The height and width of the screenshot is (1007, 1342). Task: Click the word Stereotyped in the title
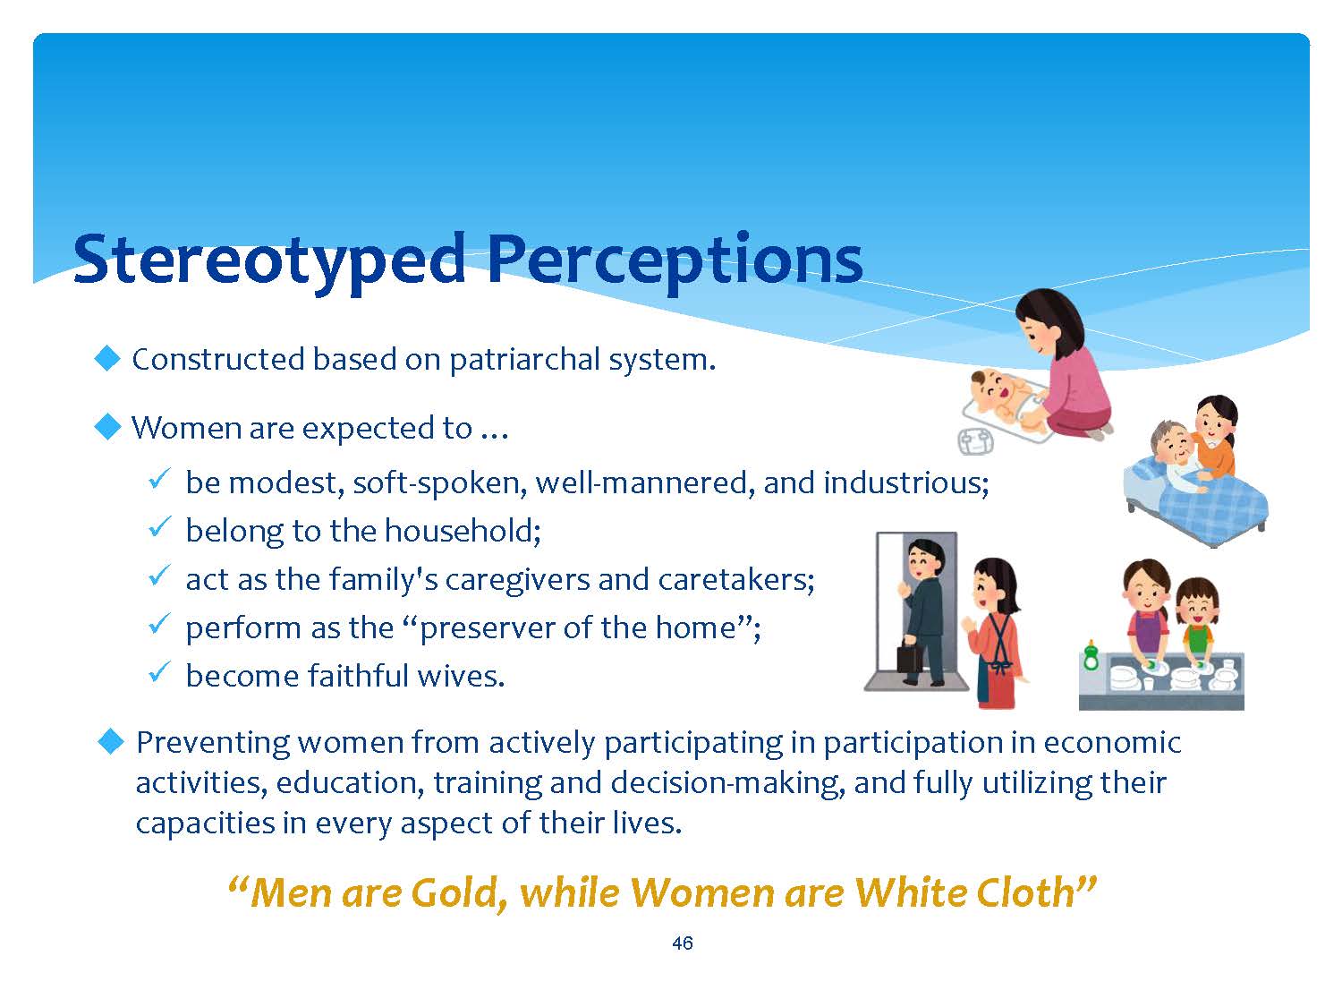(x=269, y=261)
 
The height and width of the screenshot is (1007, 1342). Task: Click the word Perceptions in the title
(x=675, y=261)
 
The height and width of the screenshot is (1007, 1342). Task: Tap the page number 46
(x=683, y=943)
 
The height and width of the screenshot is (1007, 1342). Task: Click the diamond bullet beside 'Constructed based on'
(x=107, y=358)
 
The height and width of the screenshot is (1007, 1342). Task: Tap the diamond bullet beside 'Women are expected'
(x=107, y=426)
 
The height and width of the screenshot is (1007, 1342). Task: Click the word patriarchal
(x=524, y=360)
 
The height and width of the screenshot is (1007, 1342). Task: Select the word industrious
(x=906, y=482)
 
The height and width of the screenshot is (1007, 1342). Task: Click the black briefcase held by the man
(x=911, y=656)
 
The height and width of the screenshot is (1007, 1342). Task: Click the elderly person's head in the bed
(x=1171, y=444)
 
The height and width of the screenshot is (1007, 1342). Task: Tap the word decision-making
(x=727, y=783)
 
